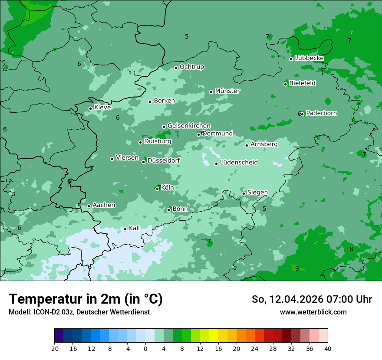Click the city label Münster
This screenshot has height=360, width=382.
click(x=227, y=91)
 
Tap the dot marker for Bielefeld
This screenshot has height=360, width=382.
click(x=286, y=84)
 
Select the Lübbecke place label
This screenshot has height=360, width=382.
click(x=309, y=58)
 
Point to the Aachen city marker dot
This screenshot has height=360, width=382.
click(x=89, y=206)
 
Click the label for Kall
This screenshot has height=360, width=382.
click(x=135, y=228)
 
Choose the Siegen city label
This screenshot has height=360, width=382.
click(x=257, y=193)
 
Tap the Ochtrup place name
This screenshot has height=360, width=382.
click(x=192, y=67)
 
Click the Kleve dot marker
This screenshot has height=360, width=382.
click(x=90, y=108)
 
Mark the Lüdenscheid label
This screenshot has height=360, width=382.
click(x=239, y=163)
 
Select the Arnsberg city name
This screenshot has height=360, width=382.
click(x=264, y=144)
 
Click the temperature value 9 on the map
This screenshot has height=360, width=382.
click(x=297, y=268)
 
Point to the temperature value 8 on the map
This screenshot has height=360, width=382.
click(x=351, y=249)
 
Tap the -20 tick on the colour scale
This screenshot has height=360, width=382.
click(x=54, y=349)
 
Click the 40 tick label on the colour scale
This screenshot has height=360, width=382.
click(x=328, y=349)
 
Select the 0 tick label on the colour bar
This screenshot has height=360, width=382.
click(x=145, y=349)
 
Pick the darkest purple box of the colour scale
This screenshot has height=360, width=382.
click(x=59, y=336)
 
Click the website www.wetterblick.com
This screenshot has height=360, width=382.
click(x=313, y=312)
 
